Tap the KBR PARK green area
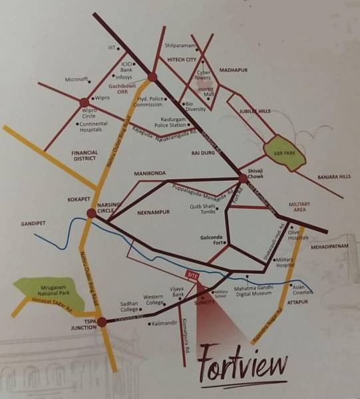pyautogui.click(x=279, y=152)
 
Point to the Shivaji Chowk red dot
pyautogui.click(x=244, y=178)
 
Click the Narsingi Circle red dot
pyautogui.click(x=90, y=213)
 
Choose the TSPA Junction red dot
pyautogui.click(x=102, y=322)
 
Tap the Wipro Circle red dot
pyautogui.click(x=84, y=102)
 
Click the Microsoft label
pyautogui.click(x=76, y=79)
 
